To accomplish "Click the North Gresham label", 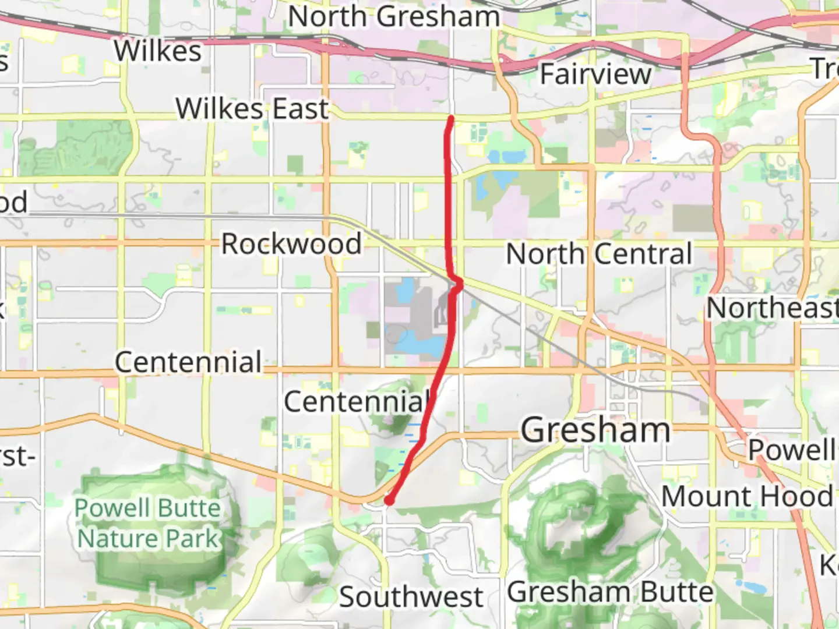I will coord(394,16).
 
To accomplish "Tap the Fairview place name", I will coord(595,74).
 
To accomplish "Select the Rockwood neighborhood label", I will coord(291,243).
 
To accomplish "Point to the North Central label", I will coord(599,254).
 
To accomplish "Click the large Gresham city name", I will coord(595,430).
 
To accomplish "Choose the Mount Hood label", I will coord(747,497).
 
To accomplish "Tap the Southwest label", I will coord(411,597).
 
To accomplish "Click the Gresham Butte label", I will coord(610,592).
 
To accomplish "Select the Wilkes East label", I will coord(252,109).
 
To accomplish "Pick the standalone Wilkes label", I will coord(158,51).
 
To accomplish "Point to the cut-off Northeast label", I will coord(772,308).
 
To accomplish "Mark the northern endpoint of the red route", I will coord(451,119).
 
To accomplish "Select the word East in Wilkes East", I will coord(300,109).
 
